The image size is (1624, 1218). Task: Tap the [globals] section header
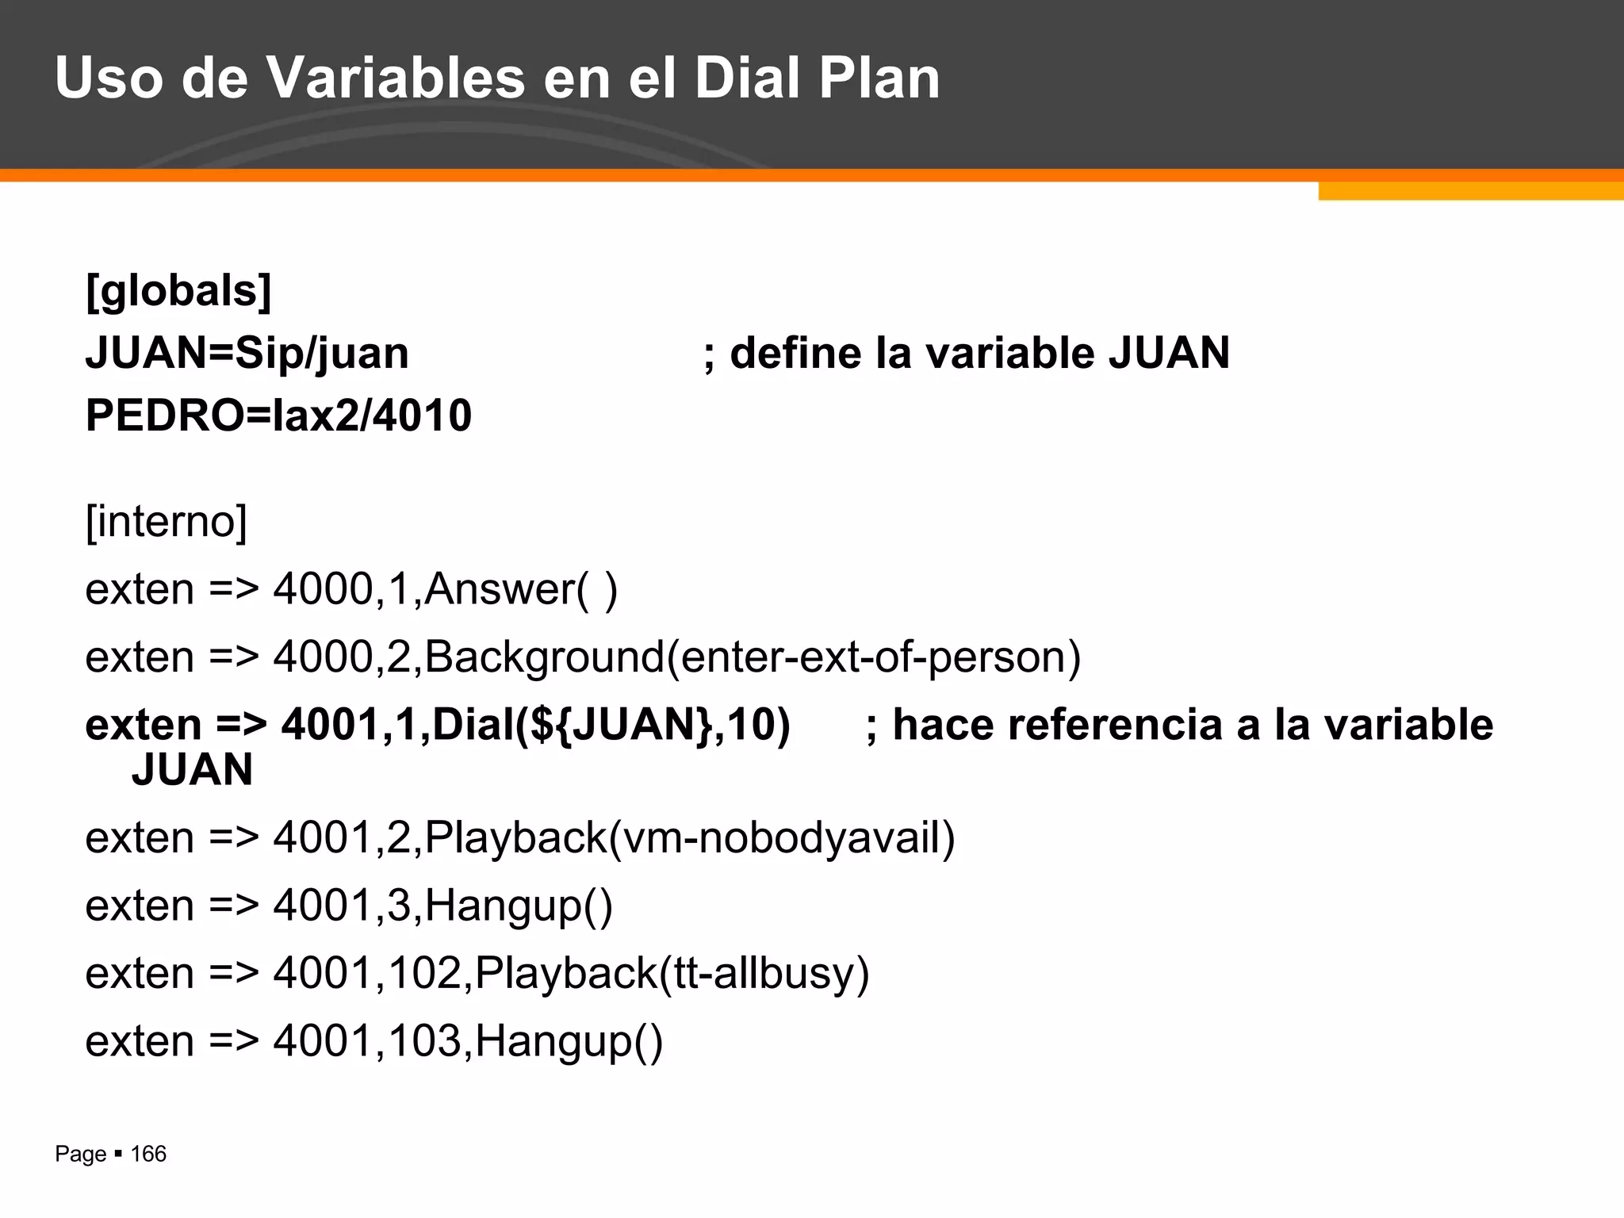pos(178,290)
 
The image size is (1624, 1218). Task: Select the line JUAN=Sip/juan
pos(247,353)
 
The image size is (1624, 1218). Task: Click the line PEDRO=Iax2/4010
pos(278,415)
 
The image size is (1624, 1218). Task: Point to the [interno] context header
pos(167,521)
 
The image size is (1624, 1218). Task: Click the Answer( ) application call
pos(521,589)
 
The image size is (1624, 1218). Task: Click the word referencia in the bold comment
pos(1114,725)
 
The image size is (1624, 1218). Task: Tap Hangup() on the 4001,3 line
pos(519,906)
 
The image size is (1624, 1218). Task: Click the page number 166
pos(148,1154)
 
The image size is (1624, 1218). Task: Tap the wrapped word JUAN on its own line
pos(192,769)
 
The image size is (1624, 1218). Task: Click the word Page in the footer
pos(80,1154)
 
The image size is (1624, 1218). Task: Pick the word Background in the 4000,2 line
pos(544,657)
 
